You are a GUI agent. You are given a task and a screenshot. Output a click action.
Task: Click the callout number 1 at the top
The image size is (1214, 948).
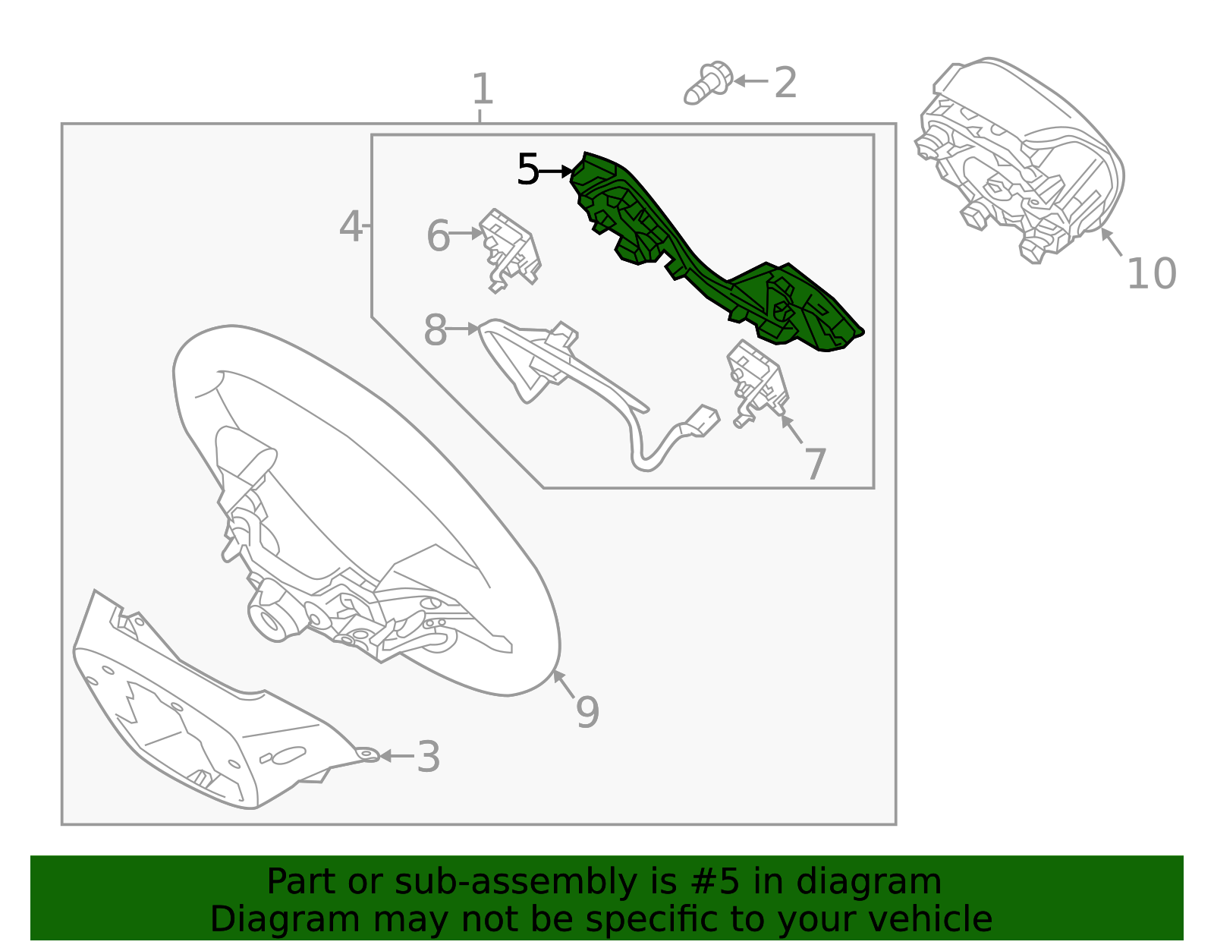[483, 89]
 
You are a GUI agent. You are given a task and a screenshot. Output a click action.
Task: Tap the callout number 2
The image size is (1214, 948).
[785, 83]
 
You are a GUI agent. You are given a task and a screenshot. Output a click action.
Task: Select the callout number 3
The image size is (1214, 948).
[429, 757]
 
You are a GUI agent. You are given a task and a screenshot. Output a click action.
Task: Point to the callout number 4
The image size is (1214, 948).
[351, 226]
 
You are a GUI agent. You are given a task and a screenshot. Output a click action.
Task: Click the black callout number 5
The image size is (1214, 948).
[528, 169]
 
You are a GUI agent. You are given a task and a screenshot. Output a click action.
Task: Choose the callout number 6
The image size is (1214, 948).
[438, 235]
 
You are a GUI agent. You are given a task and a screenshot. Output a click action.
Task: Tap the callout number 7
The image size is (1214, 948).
[815, 464]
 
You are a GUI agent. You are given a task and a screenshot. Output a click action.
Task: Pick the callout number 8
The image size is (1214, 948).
[436, 329]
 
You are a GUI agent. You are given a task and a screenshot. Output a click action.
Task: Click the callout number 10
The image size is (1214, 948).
[1152, 274]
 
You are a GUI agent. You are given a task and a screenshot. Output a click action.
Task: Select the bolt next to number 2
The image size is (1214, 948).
[709, 83]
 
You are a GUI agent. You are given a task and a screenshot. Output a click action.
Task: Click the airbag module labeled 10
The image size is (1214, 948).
[1021, 160]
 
